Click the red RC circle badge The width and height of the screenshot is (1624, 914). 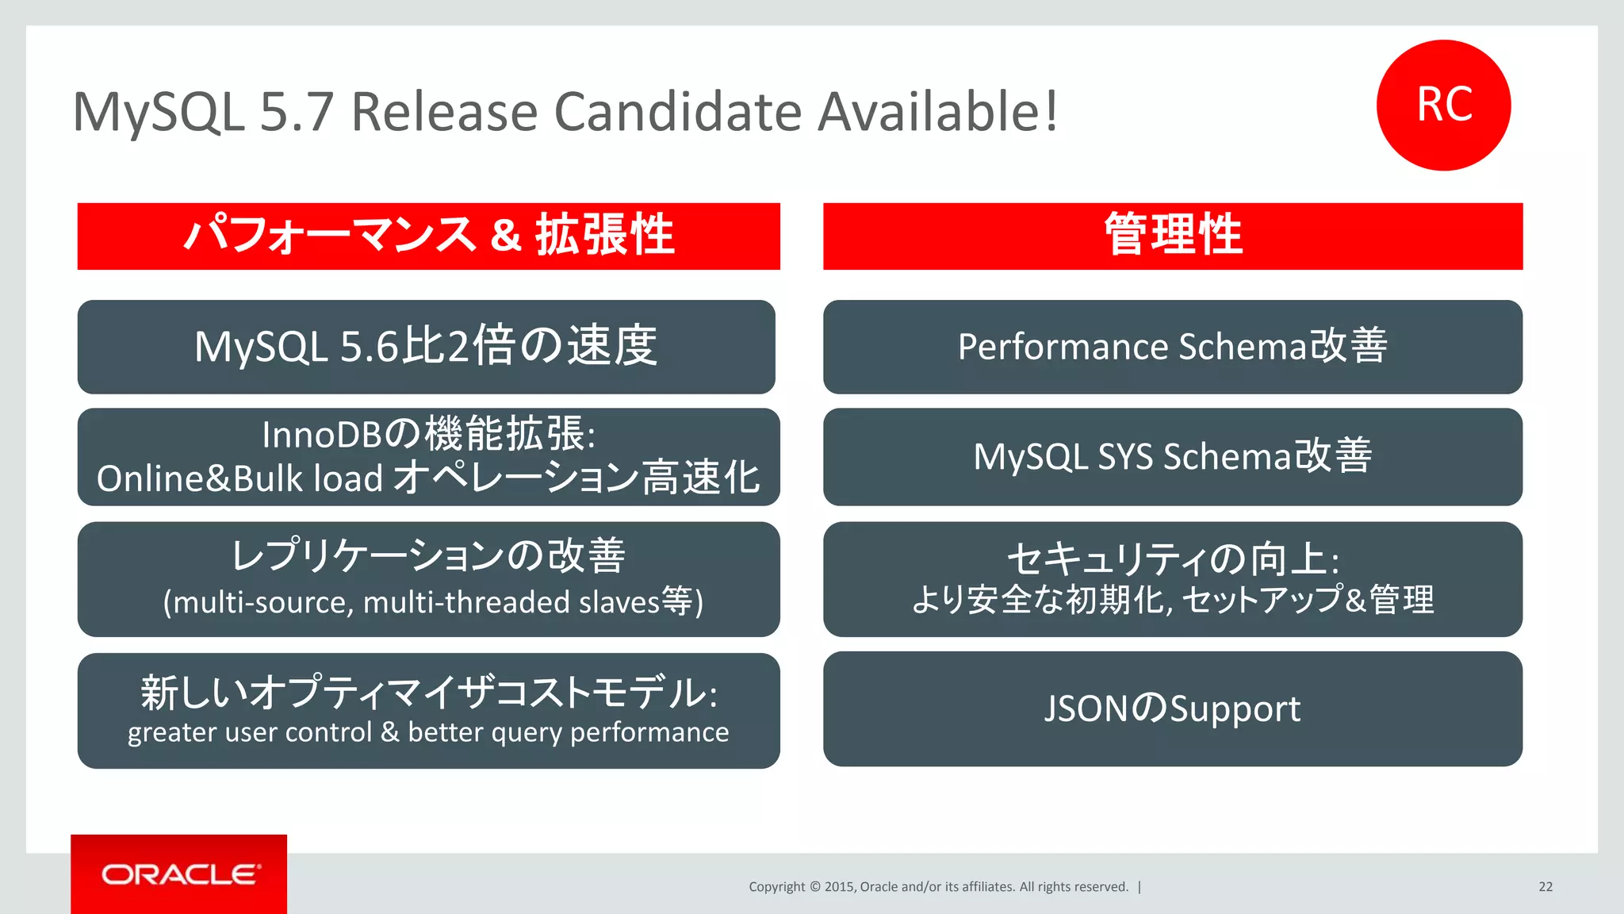pos(1443,105)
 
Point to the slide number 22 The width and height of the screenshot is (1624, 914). pos(1545,887)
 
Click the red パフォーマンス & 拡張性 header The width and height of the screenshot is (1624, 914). pos(428,236)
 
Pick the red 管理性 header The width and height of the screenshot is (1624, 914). pos(1173,236)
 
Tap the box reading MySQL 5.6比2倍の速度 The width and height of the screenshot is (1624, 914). pos(426,347)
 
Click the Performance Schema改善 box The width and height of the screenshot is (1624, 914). pos(1173,347)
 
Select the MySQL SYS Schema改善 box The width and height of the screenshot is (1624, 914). pos(1173,457)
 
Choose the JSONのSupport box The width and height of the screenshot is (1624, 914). pos(1173,709)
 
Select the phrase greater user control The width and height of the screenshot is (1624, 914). pos(250,732)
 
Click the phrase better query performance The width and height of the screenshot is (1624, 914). pos(568,732)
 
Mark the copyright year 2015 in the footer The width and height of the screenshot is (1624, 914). pos(838,887)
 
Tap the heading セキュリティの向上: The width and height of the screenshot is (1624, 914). pos(1173,559)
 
